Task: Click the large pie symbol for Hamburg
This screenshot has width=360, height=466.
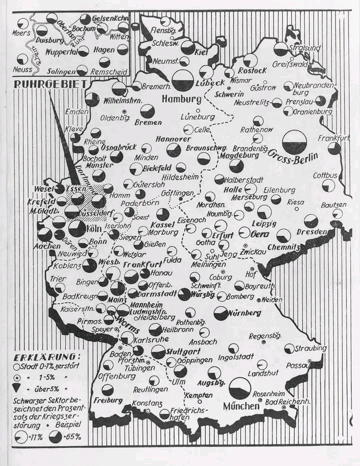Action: tap(183, 80)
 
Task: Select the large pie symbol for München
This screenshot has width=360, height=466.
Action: tap(240, 388)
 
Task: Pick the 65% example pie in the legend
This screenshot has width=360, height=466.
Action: tap(55, 436)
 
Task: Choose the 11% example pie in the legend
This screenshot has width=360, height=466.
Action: tap(21, 437)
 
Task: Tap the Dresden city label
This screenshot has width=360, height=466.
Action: tap(311, 232)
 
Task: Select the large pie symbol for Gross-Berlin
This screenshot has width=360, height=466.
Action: tap(294, 143)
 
